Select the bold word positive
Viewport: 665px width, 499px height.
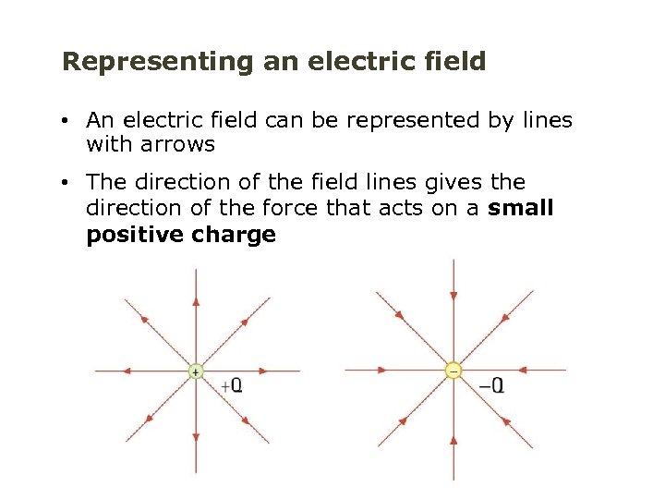135,235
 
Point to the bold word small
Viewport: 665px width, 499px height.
521,208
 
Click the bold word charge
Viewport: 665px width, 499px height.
235,235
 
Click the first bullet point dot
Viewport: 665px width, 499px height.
67,121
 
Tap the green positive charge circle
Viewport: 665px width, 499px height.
195,371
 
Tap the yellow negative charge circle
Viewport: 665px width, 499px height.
453,371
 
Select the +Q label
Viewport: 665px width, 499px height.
231,384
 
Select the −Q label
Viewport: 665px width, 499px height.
491,384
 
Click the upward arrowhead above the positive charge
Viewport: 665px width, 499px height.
195,301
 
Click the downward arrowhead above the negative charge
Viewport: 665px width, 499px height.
453,296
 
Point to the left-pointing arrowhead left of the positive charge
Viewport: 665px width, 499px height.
126,371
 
